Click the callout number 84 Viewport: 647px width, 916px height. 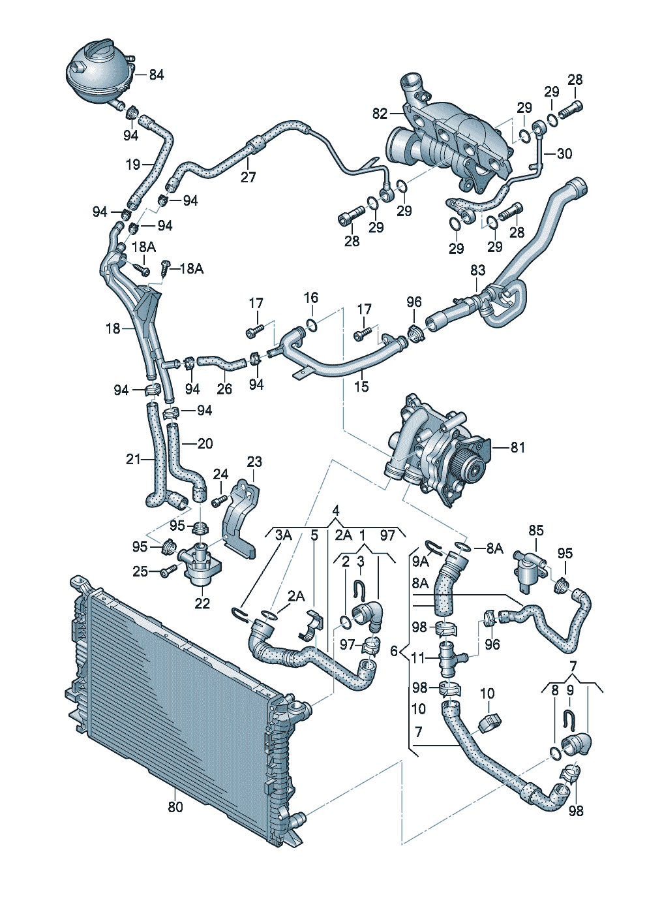tap(156, 75)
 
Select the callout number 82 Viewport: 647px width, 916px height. tap(380, 113)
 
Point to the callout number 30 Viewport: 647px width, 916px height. tap(564, 154)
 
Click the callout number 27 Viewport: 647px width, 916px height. tap(248, 177)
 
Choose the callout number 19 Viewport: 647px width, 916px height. tap(134, 165)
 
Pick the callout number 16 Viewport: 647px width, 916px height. tap(311, 298)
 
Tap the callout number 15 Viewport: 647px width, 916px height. tap(362, 386)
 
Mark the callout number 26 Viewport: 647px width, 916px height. tap(224, 388)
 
